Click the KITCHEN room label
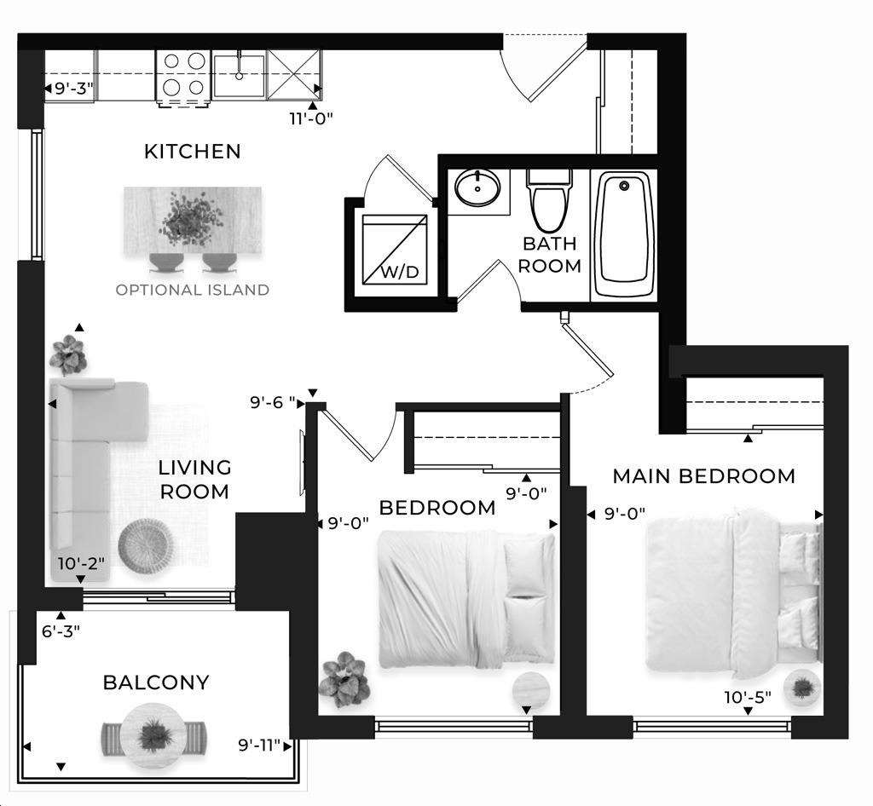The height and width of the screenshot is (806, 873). [192, 152]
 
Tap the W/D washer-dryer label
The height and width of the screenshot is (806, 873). [400, 272]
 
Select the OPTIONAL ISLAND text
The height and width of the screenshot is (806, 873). [192, 290]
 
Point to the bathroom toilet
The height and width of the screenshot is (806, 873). [549, 200]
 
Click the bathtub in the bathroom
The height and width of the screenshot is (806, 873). [623, 234]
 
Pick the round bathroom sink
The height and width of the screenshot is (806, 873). [477, 188]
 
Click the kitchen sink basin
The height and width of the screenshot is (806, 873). [239, 76]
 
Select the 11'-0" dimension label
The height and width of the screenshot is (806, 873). [310, 118]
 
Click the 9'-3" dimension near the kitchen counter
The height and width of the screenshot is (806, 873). [73, 89]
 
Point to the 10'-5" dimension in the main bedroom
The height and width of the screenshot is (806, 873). [747, 697]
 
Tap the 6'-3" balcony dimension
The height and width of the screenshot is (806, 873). [61, 630]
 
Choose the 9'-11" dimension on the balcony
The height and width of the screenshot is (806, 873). [259, 746]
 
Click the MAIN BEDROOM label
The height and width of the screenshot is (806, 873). [703, 476]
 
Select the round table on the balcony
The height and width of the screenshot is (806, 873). [153, 736]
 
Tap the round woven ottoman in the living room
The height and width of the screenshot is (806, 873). [146, 545]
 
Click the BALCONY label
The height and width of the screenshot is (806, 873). [156, 682]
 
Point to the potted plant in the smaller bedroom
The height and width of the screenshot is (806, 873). [344, 680]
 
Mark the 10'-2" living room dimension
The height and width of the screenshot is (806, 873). [81, 563]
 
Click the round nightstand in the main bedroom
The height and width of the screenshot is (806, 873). [801, 688]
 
